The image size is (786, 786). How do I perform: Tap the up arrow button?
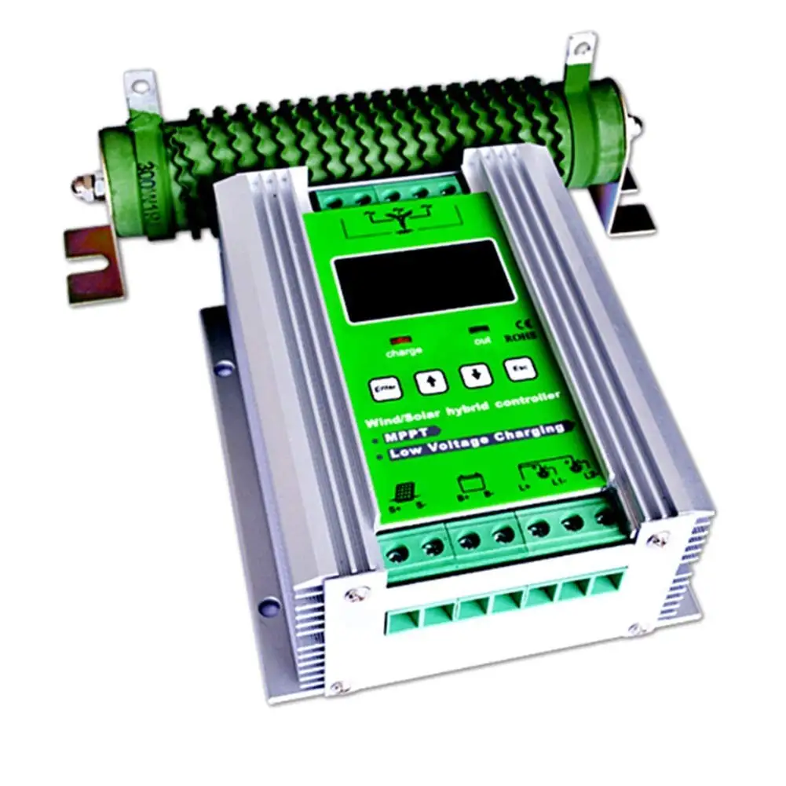431,382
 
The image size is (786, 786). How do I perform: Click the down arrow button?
476,375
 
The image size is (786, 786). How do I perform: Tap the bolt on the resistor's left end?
83,186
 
